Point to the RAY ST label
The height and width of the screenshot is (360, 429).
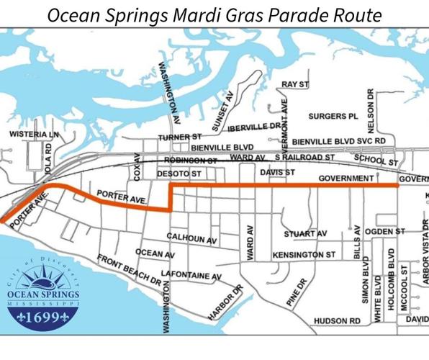(294, 84)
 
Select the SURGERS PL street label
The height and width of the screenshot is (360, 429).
(333, 115)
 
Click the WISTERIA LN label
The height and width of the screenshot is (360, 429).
(33, 135)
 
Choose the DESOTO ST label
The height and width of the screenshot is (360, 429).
(180, 174)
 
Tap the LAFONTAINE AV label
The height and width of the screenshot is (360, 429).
(191, 275)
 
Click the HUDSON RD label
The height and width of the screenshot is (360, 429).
(335, 321)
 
